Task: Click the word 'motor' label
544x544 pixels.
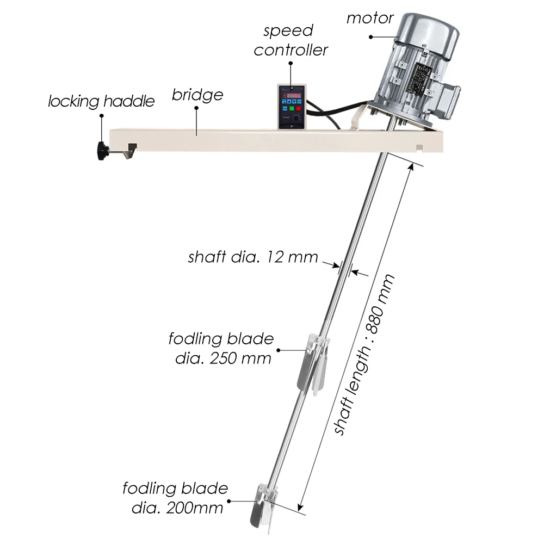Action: click(370, 18)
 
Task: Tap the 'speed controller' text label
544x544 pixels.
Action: click(291, 41)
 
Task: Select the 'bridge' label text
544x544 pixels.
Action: click(197, 95)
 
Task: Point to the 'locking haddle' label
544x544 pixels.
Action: click(101, 101)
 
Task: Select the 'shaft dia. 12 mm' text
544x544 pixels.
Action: click(253, 257)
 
